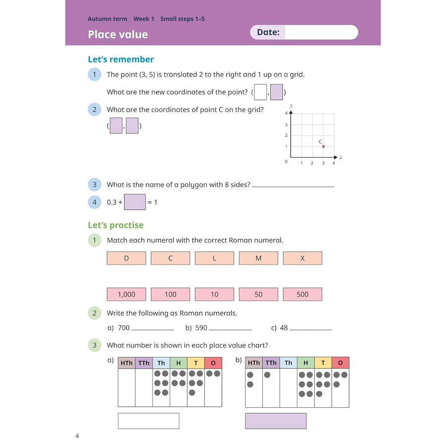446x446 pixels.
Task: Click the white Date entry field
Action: pos(321,33)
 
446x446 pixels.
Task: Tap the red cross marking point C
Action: pos(324,147)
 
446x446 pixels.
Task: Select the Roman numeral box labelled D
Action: pos(126,258)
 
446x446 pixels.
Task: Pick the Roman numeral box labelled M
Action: pos(258,258)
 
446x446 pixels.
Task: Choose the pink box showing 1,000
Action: pos(126,294)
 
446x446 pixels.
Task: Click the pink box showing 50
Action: pos(258,294)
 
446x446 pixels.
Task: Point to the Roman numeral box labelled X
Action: pos(302,258)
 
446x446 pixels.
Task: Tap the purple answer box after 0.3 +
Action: pos(135,202)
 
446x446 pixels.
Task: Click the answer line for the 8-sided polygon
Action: pos(293,186)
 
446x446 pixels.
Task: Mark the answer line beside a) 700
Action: pos(153,329)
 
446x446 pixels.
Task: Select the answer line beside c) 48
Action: pos(311,329)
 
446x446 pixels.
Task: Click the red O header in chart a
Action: pos(213,363)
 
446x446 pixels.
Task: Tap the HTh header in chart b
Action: pos(254,363)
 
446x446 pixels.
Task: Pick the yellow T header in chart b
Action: pos(323,363)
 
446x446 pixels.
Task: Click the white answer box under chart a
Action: pos(148,421)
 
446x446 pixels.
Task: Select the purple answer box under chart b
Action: pos(276,421)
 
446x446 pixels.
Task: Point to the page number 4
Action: pos(77,436)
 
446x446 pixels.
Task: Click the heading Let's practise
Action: pos(115,225)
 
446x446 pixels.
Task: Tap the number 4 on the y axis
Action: pos(286,113)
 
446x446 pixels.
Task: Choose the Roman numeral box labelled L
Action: pos(214,258)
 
